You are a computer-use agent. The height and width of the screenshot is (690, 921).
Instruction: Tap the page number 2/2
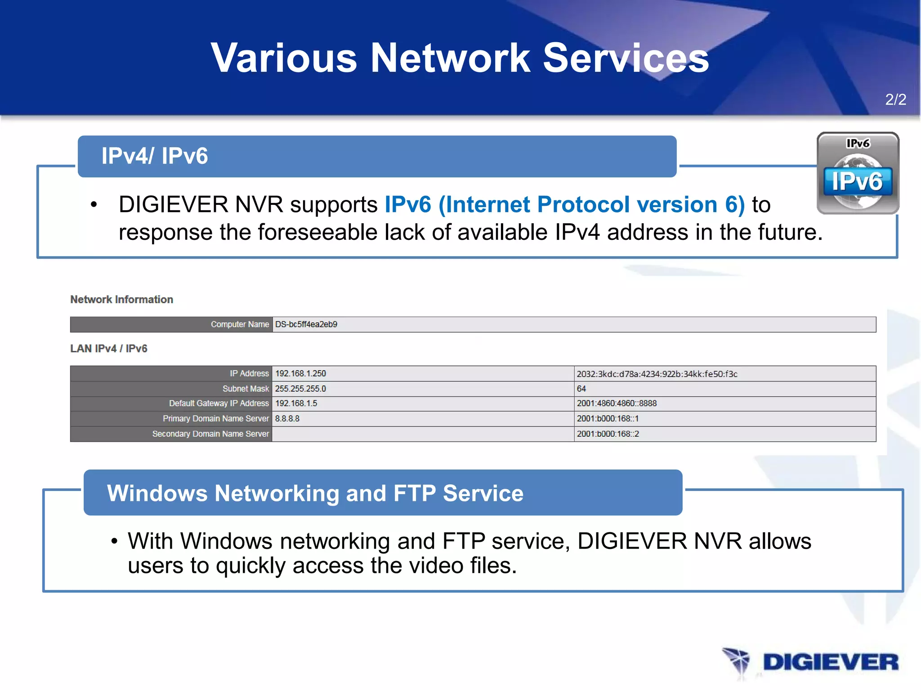pos(895,99)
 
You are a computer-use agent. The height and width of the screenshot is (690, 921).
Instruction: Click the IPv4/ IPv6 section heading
pos(154,156)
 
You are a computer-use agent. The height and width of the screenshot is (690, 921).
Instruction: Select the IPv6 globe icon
pos(858,173)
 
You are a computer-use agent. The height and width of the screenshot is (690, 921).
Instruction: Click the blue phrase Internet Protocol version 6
pos(591,204)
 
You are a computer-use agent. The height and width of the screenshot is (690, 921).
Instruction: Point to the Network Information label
pos(121,299)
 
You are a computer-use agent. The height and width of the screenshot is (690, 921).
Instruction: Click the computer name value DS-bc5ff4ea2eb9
pos(306,324)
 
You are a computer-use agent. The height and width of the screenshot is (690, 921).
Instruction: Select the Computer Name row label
pos(239,324)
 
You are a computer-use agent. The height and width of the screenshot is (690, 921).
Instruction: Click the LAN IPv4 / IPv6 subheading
pos(108,349)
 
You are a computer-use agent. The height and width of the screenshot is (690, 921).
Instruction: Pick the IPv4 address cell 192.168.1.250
pos(300,373)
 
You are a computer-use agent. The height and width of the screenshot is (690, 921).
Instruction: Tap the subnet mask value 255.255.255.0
pos(300,389)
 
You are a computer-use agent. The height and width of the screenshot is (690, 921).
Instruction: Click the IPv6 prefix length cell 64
pos(581,389)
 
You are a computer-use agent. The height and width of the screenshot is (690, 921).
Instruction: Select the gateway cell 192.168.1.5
pos(296,403)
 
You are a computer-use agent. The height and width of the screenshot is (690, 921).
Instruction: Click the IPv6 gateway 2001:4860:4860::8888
pos(617,403)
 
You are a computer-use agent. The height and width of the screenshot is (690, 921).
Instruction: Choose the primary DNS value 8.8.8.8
pos(287,419)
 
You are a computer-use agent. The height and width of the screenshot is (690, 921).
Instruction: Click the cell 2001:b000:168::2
pos(608,434)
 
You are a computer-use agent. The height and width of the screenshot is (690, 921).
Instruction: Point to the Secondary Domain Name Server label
pos(210,434)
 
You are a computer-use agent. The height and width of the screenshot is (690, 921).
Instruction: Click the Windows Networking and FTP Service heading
pos(315,493)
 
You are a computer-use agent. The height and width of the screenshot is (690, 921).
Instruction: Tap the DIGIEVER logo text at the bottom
pos(830,662)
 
